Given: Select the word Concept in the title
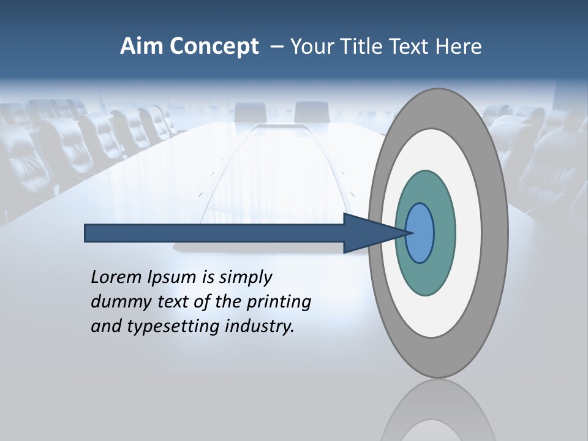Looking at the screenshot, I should click(214, 47).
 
